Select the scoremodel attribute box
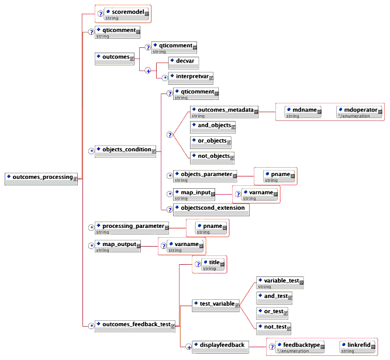tap(126, 13)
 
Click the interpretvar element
tap(191, 77)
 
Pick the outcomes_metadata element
tap(225, 111)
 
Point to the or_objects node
tap(211, 141)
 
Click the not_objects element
tap(212, 157)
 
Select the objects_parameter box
tap(205, 176)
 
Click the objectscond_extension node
tap(211, 209)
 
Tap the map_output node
tap(118, 246)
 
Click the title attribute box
tap(213, 264)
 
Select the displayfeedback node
tap(220, 346)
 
